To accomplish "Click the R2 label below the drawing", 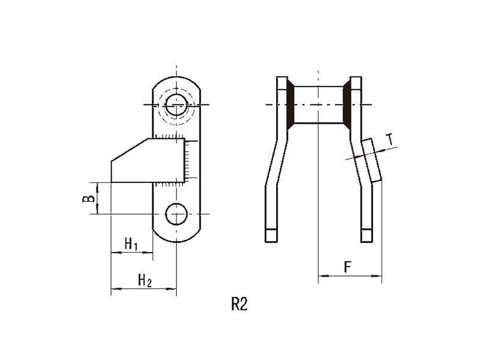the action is (x=239, y=304).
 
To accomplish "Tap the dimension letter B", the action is (x=89, y=199).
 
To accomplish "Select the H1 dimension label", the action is (x=131, y=244).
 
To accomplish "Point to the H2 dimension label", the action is (x=145, y=280).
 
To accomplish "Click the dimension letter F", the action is (x=347, y=267).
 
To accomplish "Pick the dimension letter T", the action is (x=389, y=139).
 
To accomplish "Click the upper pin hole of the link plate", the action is (x=176, y=104).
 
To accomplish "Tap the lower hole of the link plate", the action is (x=176, y=214).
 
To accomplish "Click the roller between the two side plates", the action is (x=319, y=104).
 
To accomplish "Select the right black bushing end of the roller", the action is (x=347, y=104).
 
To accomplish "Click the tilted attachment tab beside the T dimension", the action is (x=371, y=160).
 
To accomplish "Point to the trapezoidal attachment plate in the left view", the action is (x=148, y=161).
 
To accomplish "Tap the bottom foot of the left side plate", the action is (x=271, y=235).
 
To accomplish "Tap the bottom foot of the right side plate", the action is (x=367, y=235).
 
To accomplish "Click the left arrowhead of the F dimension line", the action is (x=323, y=276).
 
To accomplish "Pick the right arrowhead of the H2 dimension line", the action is (x=172, y=289).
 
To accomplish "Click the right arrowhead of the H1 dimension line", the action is (x=148, y=253).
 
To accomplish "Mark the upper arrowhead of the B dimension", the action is (x=97, y=187).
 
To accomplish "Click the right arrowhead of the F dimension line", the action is (x=377, y=276).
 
